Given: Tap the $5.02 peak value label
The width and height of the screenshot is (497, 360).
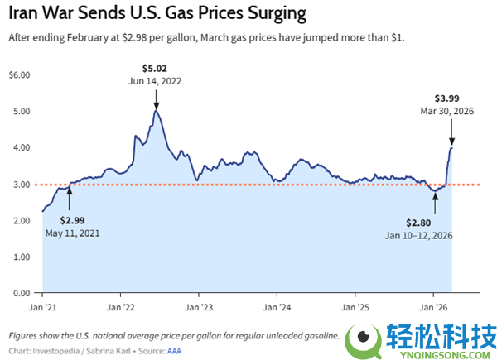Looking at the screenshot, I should point(156,68).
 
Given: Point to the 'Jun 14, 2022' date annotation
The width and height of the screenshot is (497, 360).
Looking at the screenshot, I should point(156,81).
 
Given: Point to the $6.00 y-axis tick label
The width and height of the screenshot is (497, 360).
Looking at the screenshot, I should point(18,75).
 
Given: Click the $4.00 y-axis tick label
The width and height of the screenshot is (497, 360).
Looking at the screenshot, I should point(18,148).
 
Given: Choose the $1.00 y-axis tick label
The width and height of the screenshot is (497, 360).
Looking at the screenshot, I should point(18,257).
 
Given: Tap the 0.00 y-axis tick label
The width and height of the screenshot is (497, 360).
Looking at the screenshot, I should point(18,294).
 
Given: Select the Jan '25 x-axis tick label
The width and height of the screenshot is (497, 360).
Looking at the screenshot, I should point(355,305).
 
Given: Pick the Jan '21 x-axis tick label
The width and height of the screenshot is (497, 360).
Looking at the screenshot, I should point(43,305).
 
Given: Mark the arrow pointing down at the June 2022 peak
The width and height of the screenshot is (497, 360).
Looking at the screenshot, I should point(156,99).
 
